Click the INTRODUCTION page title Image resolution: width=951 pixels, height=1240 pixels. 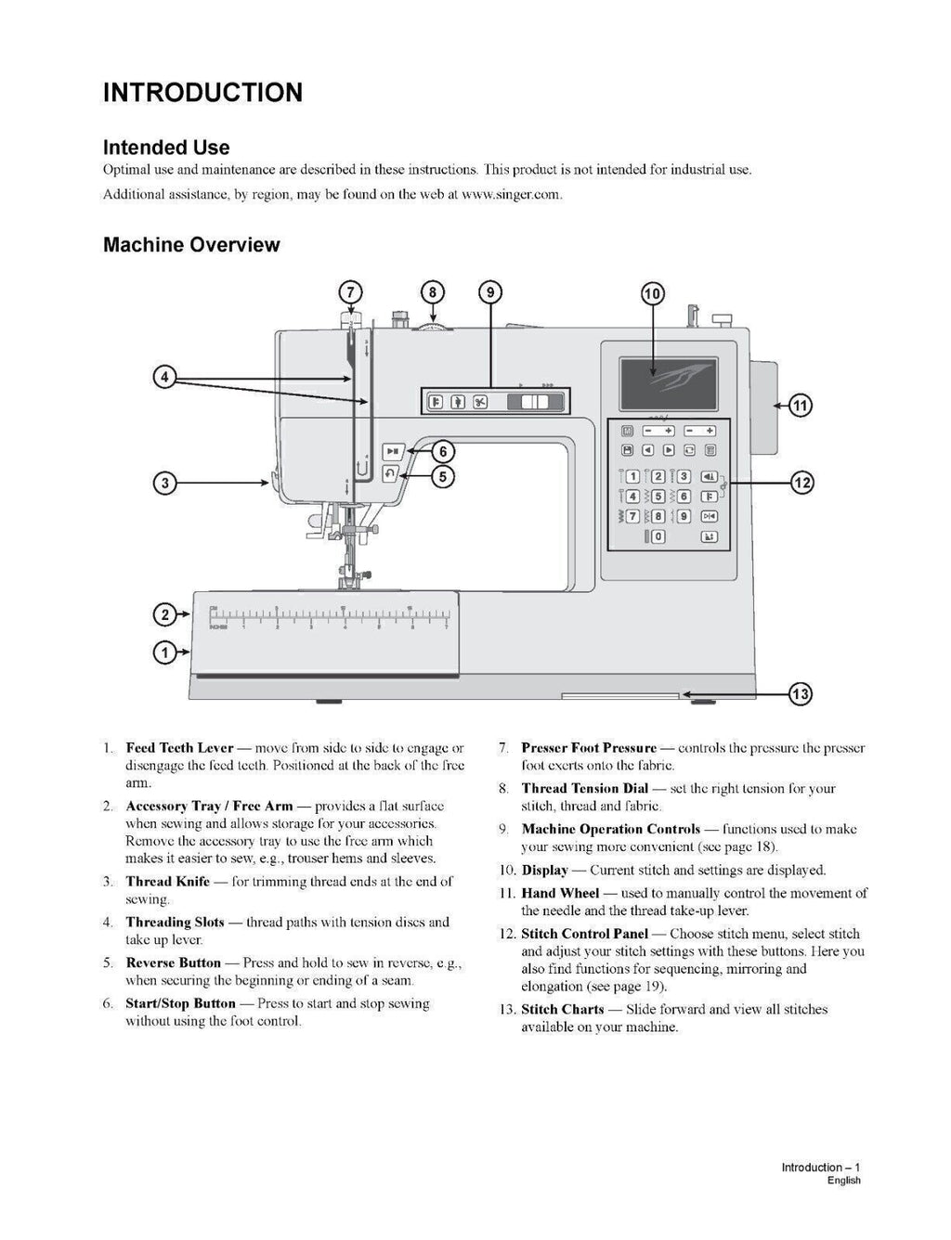tap(202, 93)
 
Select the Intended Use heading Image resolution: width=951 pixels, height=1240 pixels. tap(166, 148)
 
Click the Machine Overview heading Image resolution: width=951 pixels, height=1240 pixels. tap(191, 245)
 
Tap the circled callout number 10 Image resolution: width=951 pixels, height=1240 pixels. tap(653, 294)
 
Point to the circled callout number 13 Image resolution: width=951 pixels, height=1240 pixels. tap(801, 694)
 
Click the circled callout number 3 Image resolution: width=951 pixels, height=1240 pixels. tap(164, 483)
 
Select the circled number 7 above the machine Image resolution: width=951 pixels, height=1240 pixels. tap(350, 292)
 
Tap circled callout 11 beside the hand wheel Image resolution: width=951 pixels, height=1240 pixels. tap(801, 406)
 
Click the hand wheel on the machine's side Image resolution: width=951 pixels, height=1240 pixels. tap(759, 407)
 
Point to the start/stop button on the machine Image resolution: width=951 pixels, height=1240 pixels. tap(392, 452)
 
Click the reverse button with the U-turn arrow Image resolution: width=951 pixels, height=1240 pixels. tap(391, 474)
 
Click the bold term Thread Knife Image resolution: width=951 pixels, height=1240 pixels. tap(167, 882)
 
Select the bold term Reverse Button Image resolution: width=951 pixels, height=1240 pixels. tap(173, 963)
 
